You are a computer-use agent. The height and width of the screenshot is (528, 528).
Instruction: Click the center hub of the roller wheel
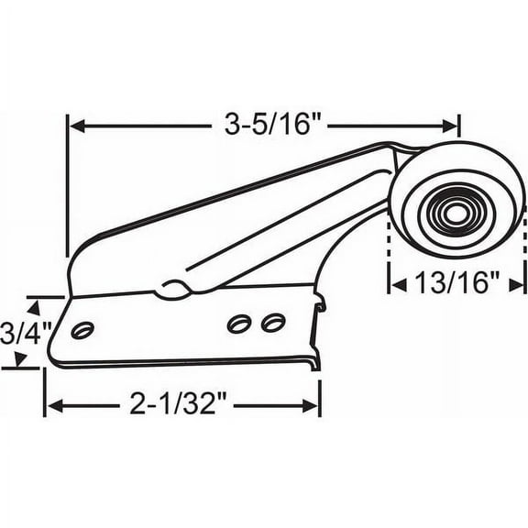point(456,215)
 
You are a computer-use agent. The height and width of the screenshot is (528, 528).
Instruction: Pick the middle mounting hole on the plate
point(240,324)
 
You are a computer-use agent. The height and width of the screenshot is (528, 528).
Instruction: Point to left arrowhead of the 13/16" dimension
point(399,285)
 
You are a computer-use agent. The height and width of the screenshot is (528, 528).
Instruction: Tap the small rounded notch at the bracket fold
point(171,289)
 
